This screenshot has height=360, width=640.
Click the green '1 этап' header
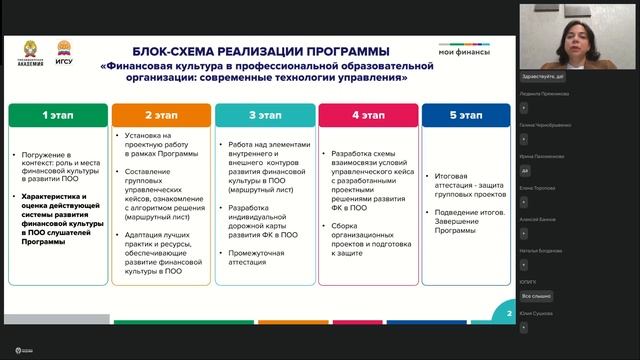point(57,115)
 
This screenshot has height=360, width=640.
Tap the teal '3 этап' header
point(264,115)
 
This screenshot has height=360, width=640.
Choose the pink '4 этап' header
point(366,115)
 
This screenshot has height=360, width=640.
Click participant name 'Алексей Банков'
point(539,216)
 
